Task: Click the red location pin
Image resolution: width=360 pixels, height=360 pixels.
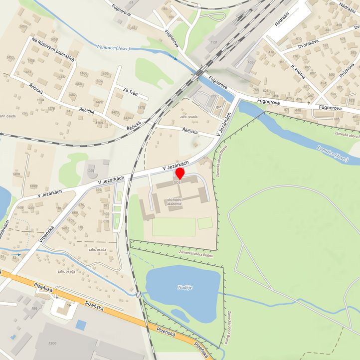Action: coord(180,174)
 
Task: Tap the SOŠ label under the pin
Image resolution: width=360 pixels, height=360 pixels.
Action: coord(178,183)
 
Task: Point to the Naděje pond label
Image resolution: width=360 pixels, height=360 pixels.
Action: coord(184,287)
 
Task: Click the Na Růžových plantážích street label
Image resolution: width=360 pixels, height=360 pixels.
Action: coord(52,49)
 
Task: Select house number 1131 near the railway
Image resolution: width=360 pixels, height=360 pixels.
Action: coord(214,43)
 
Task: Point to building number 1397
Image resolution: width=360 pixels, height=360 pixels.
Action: coord(90,171)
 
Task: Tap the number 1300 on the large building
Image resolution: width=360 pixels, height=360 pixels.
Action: coord(52,344)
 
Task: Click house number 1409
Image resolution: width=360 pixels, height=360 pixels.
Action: coord(16,174)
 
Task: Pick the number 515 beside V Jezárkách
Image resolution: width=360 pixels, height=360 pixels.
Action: coord(206,158)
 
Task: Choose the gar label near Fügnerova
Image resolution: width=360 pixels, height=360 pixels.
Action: coord(218,107)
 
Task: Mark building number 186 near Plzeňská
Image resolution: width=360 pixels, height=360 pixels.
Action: coord(34,309)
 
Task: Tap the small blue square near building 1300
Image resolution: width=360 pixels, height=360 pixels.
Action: coord(81,325)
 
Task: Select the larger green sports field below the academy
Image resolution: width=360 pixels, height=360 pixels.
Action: coord(174,227)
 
